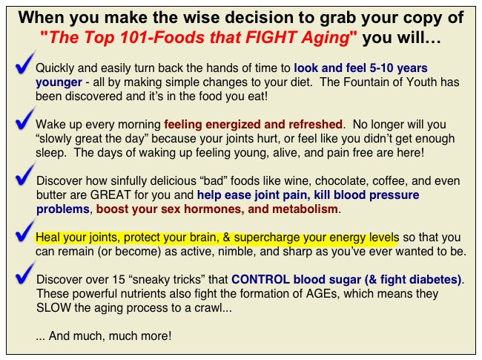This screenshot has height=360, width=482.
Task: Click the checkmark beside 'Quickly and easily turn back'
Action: coord(24,64)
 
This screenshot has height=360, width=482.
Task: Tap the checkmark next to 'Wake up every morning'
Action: coord(24,120)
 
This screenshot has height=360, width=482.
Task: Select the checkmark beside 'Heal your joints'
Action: coord(24,232)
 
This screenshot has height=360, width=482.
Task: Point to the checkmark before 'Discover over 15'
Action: coord(24,274)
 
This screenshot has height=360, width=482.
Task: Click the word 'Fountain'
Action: coord(366,82)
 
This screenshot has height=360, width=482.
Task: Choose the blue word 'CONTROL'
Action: coord(260,279)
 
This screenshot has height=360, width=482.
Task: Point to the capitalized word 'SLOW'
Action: coord(53,308)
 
